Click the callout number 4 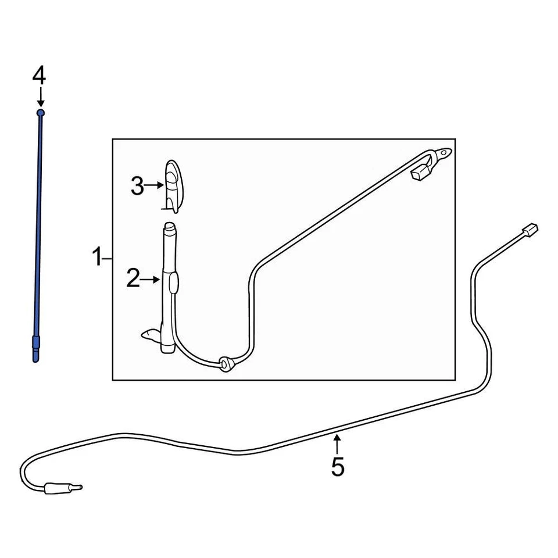point(39,75)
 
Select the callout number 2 point(133,280)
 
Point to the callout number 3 point(137,187)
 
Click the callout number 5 point(338,466)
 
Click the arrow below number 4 point(40,96)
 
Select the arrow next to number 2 point(151,280)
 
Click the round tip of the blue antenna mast point(40,112)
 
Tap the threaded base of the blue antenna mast point(37,349)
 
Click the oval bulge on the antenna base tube point(173,284)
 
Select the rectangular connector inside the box point(420,173)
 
